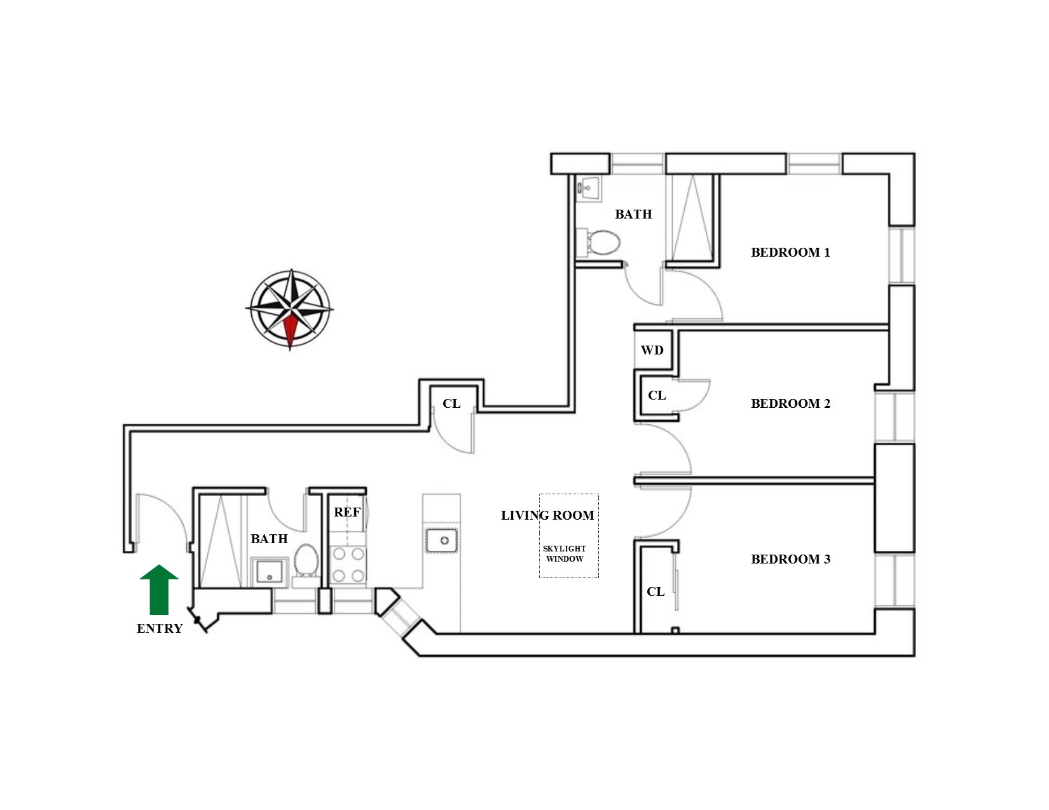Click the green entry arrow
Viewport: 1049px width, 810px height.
tap(159, 589)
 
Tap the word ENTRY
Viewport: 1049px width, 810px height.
tap(160, 628)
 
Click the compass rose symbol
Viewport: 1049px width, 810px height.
tap(290, 309)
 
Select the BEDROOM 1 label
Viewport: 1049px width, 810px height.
tap(790, 252)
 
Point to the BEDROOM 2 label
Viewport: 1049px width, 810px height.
tap(790, 403)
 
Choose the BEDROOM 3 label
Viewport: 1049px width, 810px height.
tap(790, 559)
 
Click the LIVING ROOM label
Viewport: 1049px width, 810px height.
tap(547, 515)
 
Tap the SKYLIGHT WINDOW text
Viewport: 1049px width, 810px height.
tap(565, 553)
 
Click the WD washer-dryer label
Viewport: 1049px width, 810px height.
tap(652, 350)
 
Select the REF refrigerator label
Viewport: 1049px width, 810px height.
tap(347, 512)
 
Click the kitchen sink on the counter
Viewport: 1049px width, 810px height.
tap(442, 541)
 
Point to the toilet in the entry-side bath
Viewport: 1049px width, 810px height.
tap(306, 562)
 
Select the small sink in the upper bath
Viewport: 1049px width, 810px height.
tap(589, 188)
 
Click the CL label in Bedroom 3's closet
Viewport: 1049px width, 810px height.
tap(655, 591)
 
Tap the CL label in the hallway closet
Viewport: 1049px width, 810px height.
tap(451, 403)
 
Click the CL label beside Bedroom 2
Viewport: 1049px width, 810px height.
tap(657, 395)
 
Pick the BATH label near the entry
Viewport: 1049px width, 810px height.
tap(269, 539)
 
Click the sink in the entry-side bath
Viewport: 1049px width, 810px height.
tap(270, 571)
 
